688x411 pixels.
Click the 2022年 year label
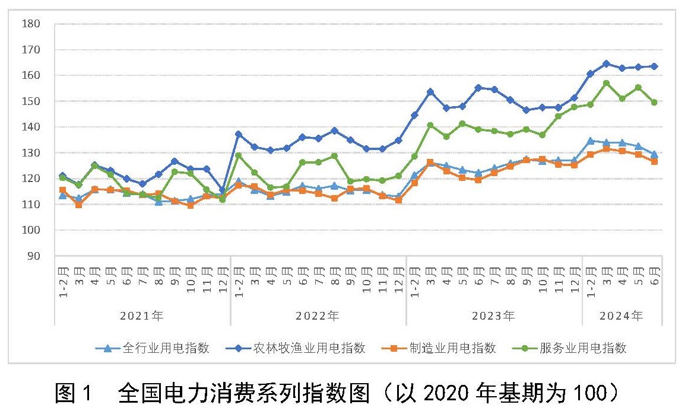pyautogui.click(x=318, y=316)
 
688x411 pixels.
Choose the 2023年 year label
pyautogui.click(x=493, y=316)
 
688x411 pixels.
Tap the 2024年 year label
pyautogui.click(x=622, y=316)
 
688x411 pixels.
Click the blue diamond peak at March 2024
pyautogui.click(x=606, y=63)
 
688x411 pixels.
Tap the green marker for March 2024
pyautogui.click(x=606, y=83)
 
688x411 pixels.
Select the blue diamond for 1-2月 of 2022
pyautogui.click(x=239, y=134)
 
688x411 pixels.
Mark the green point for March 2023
pyautogui.click(x=430, y=125)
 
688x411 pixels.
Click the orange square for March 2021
pyautogui.click(x=78, y=205)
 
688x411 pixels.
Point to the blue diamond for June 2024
pyautogui.click(x=654, y=66)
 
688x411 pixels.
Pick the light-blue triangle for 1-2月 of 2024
pyautogui.click(x=590, y=141)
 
